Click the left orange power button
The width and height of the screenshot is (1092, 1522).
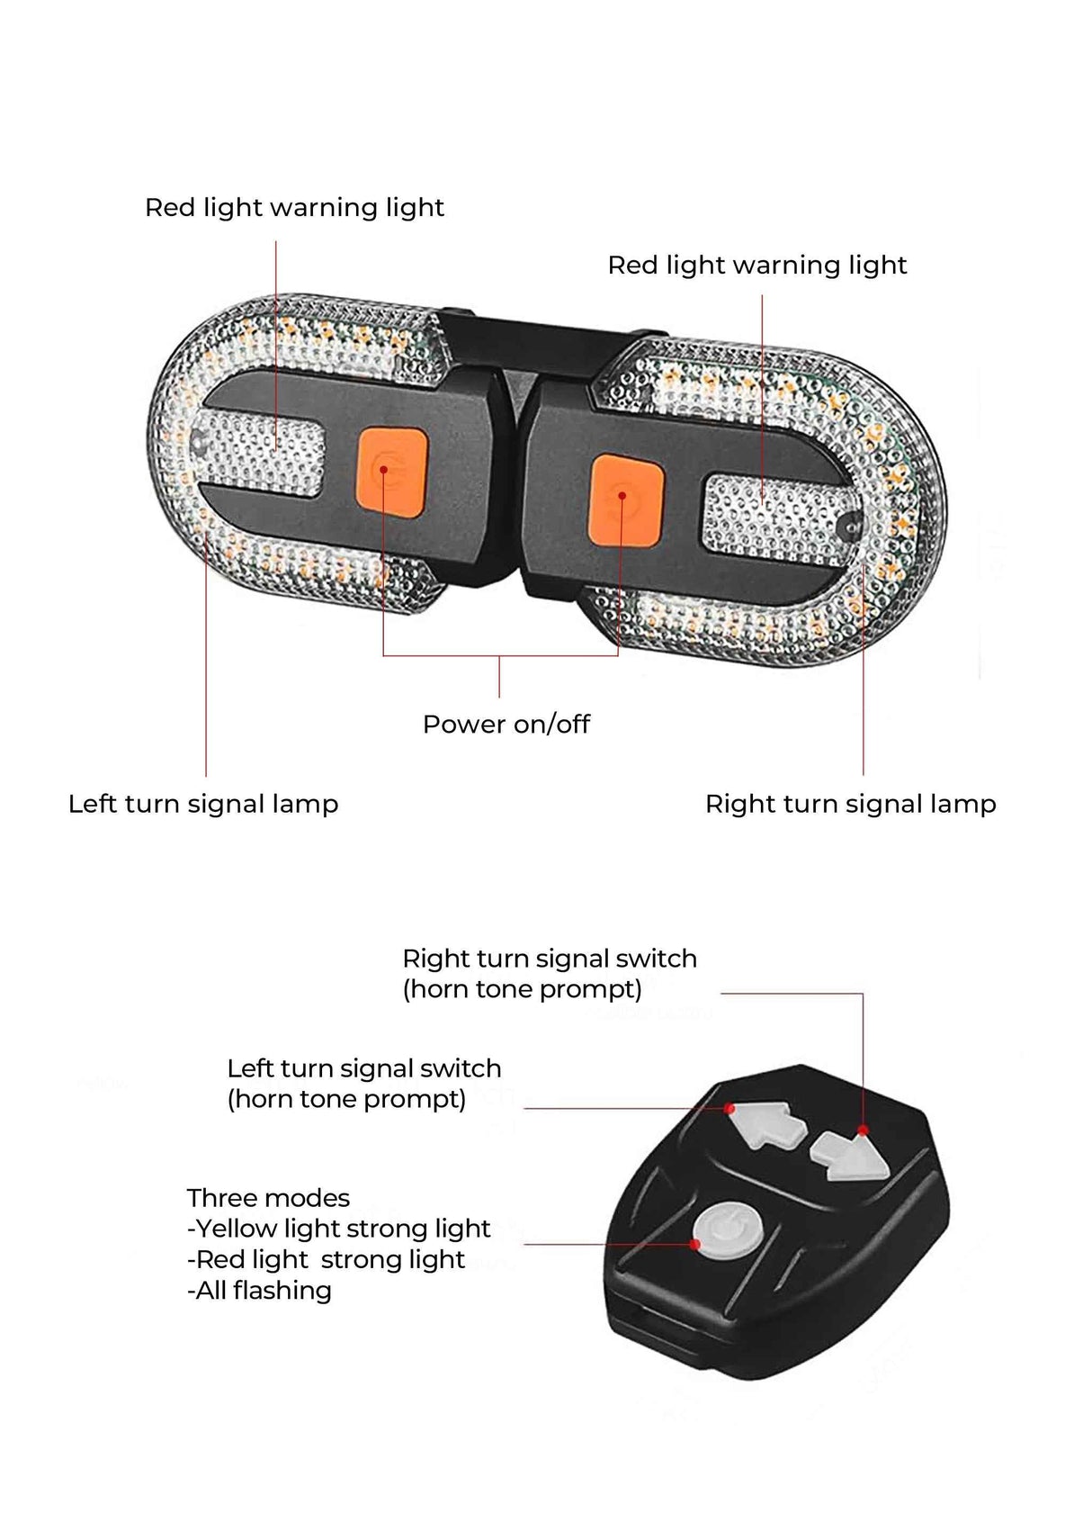tap(391, 472)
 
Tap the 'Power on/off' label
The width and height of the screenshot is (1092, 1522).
tap(506, 724)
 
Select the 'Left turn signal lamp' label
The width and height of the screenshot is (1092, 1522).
tap(203, 804)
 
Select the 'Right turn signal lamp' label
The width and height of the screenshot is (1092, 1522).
tap(850, 804)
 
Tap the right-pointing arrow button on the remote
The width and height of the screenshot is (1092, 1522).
tap(849, 1157)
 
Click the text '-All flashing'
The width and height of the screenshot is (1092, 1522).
tap(259, 1290)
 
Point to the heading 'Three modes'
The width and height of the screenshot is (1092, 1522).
tap(268, 1198)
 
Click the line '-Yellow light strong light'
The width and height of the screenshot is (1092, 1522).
tap(338, 1229)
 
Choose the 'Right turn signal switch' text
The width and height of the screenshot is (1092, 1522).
tap(549, 959)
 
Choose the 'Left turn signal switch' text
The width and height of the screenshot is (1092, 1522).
tap(363, 1068)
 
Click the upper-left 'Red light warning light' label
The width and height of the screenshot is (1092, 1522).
tap(294, 208)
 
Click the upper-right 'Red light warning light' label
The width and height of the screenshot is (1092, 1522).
tap(756, 266)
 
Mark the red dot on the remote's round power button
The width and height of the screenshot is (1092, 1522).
tap(695, 1245)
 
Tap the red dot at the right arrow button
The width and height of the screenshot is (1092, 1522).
tap(863, 1130)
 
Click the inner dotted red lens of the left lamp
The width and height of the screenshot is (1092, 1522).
tap(261, 455)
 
